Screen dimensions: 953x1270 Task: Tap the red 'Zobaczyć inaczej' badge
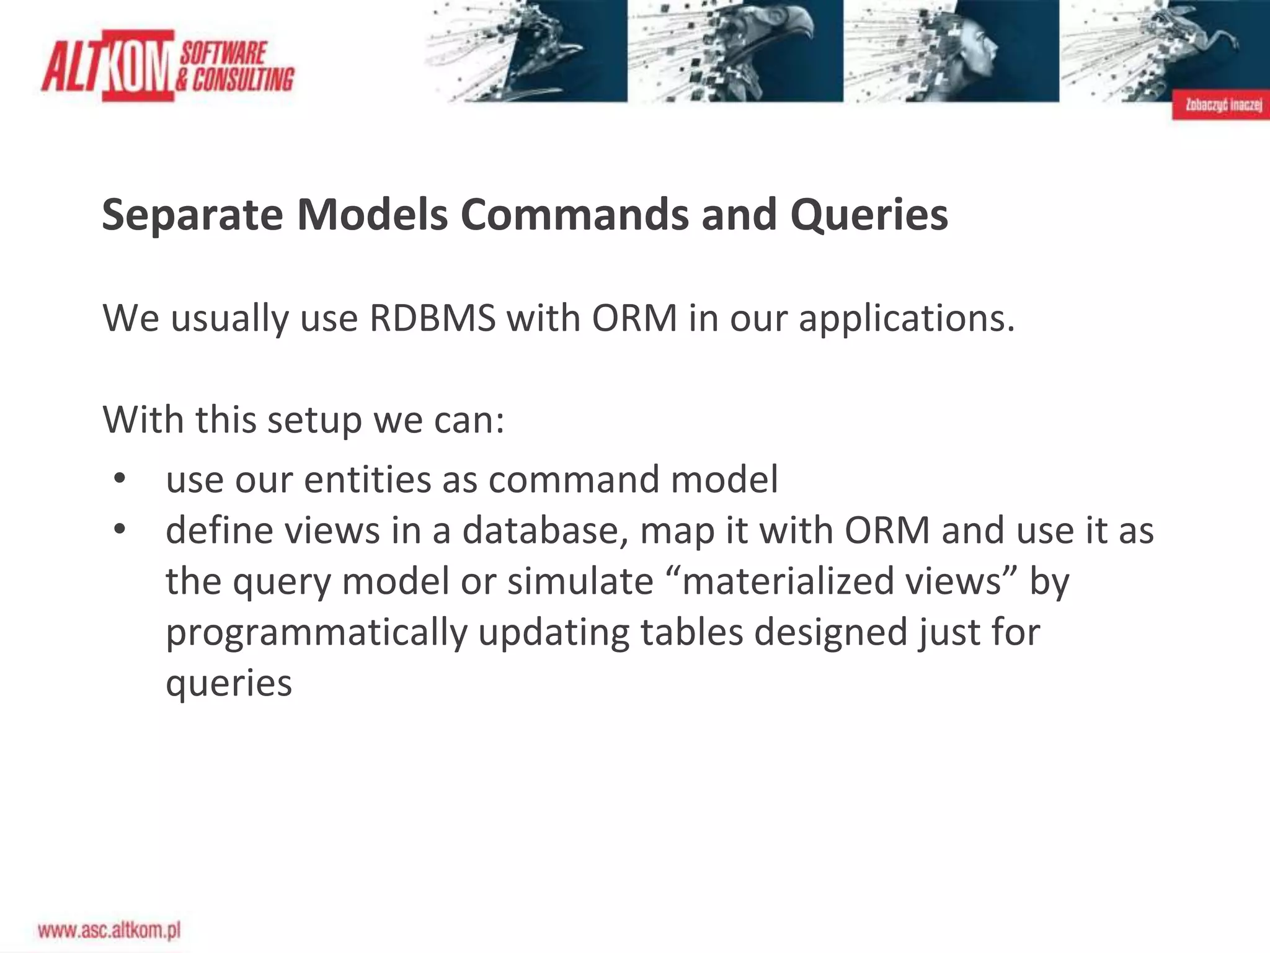[x=1220, y=105]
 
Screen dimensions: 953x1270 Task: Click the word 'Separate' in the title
[x=192, y=215]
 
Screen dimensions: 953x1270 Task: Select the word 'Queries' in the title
[x=869, y=215]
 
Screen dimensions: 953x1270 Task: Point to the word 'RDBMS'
[x=432, y=319]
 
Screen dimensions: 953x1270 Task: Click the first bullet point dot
[x=120, y=479]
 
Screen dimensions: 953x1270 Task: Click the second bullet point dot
[x=120, y=530]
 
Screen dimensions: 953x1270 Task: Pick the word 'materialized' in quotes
[x=781, y=582]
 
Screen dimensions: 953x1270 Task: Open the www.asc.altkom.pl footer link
[x=109, y=930]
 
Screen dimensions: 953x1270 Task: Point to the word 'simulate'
[x=580, y=582]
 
